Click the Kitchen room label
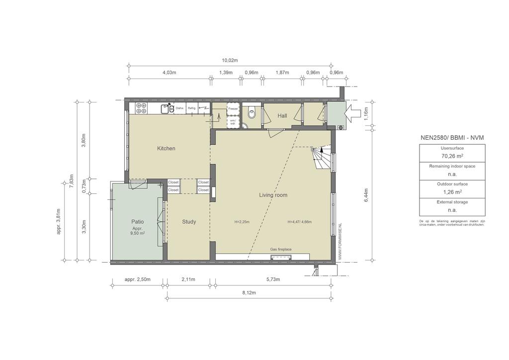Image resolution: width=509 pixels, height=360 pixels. coord(166,149)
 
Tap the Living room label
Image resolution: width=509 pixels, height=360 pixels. coord(273,195)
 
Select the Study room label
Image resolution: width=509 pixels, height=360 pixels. coord(189,222)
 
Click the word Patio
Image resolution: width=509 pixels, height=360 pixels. coord(138,222)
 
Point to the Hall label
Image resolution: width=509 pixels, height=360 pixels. coord(282,116)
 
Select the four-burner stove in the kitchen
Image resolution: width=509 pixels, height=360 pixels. coord(142,108)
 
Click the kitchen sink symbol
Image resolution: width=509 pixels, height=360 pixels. coord(167,108)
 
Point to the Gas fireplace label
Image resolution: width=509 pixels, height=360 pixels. coord(281,249)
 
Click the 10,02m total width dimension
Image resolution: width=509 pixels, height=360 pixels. coord(230,60)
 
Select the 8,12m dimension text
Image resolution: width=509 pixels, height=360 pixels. coord(249,293)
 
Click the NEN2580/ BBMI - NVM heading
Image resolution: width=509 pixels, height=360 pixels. coord(452,137)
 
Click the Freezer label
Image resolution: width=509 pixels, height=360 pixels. coord(233,108)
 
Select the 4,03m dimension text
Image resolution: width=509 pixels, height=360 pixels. coord(170,73)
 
